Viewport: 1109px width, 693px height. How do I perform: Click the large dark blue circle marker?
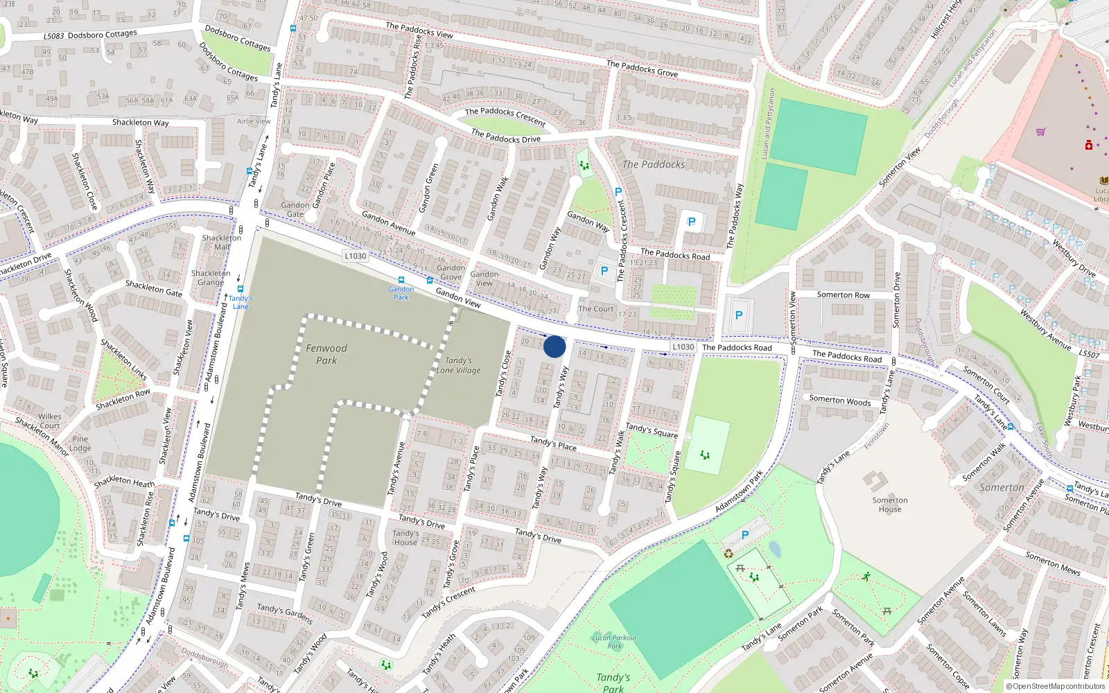[554, 346]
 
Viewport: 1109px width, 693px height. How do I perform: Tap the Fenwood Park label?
[326, 354]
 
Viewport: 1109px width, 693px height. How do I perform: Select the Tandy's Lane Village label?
[458, 365]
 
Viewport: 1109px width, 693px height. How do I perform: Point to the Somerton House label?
[890, 505]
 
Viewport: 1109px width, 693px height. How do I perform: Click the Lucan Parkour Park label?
[614, 642]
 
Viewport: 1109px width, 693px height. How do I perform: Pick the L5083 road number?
[53, 36]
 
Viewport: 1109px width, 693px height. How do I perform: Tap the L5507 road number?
[1089, 354]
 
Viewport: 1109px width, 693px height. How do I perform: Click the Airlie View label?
[254, 121]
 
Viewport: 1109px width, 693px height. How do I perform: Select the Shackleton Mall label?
[222, 242]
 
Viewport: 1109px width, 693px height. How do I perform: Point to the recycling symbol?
[728, 553]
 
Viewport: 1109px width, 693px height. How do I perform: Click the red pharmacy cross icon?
[1088, 146]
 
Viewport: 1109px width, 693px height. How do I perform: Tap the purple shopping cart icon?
[1040, 132]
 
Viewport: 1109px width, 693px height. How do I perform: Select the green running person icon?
[866, 577]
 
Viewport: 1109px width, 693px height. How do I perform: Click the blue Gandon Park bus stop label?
[401, 293]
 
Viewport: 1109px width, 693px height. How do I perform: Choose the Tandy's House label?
[405, 538]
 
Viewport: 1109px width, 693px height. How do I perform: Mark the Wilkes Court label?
[49, 421]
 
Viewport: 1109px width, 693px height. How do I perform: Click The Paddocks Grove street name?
[642, 69]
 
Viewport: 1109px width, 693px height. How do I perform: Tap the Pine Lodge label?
[80, 444]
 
